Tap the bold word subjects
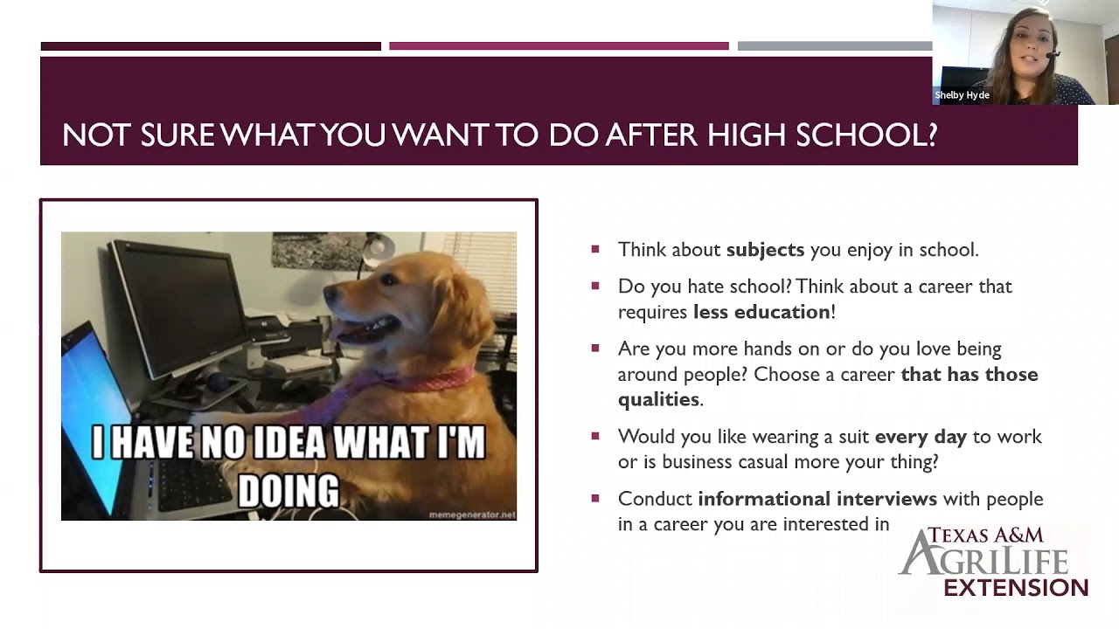[765, 250]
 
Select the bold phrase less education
[761, 312]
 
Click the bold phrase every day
[921, 437]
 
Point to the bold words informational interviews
[817, 499]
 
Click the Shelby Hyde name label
[962, 95]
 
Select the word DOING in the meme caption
[288, 491]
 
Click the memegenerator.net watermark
[472, 515]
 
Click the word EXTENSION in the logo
[1016, 588]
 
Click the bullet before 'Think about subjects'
[595, 249]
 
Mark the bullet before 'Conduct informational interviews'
[595, 498]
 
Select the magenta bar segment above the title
[559, 46]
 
